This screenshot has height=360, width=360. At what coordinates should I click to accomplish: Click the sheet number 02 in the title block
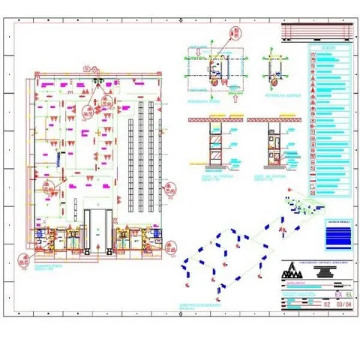point(325,304)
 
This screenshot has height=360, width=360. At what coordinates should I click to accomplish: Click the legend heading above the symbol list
point(328,47)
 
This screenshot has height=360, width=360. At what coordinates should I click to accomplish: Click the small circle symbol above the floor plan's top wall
point(94,67)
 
